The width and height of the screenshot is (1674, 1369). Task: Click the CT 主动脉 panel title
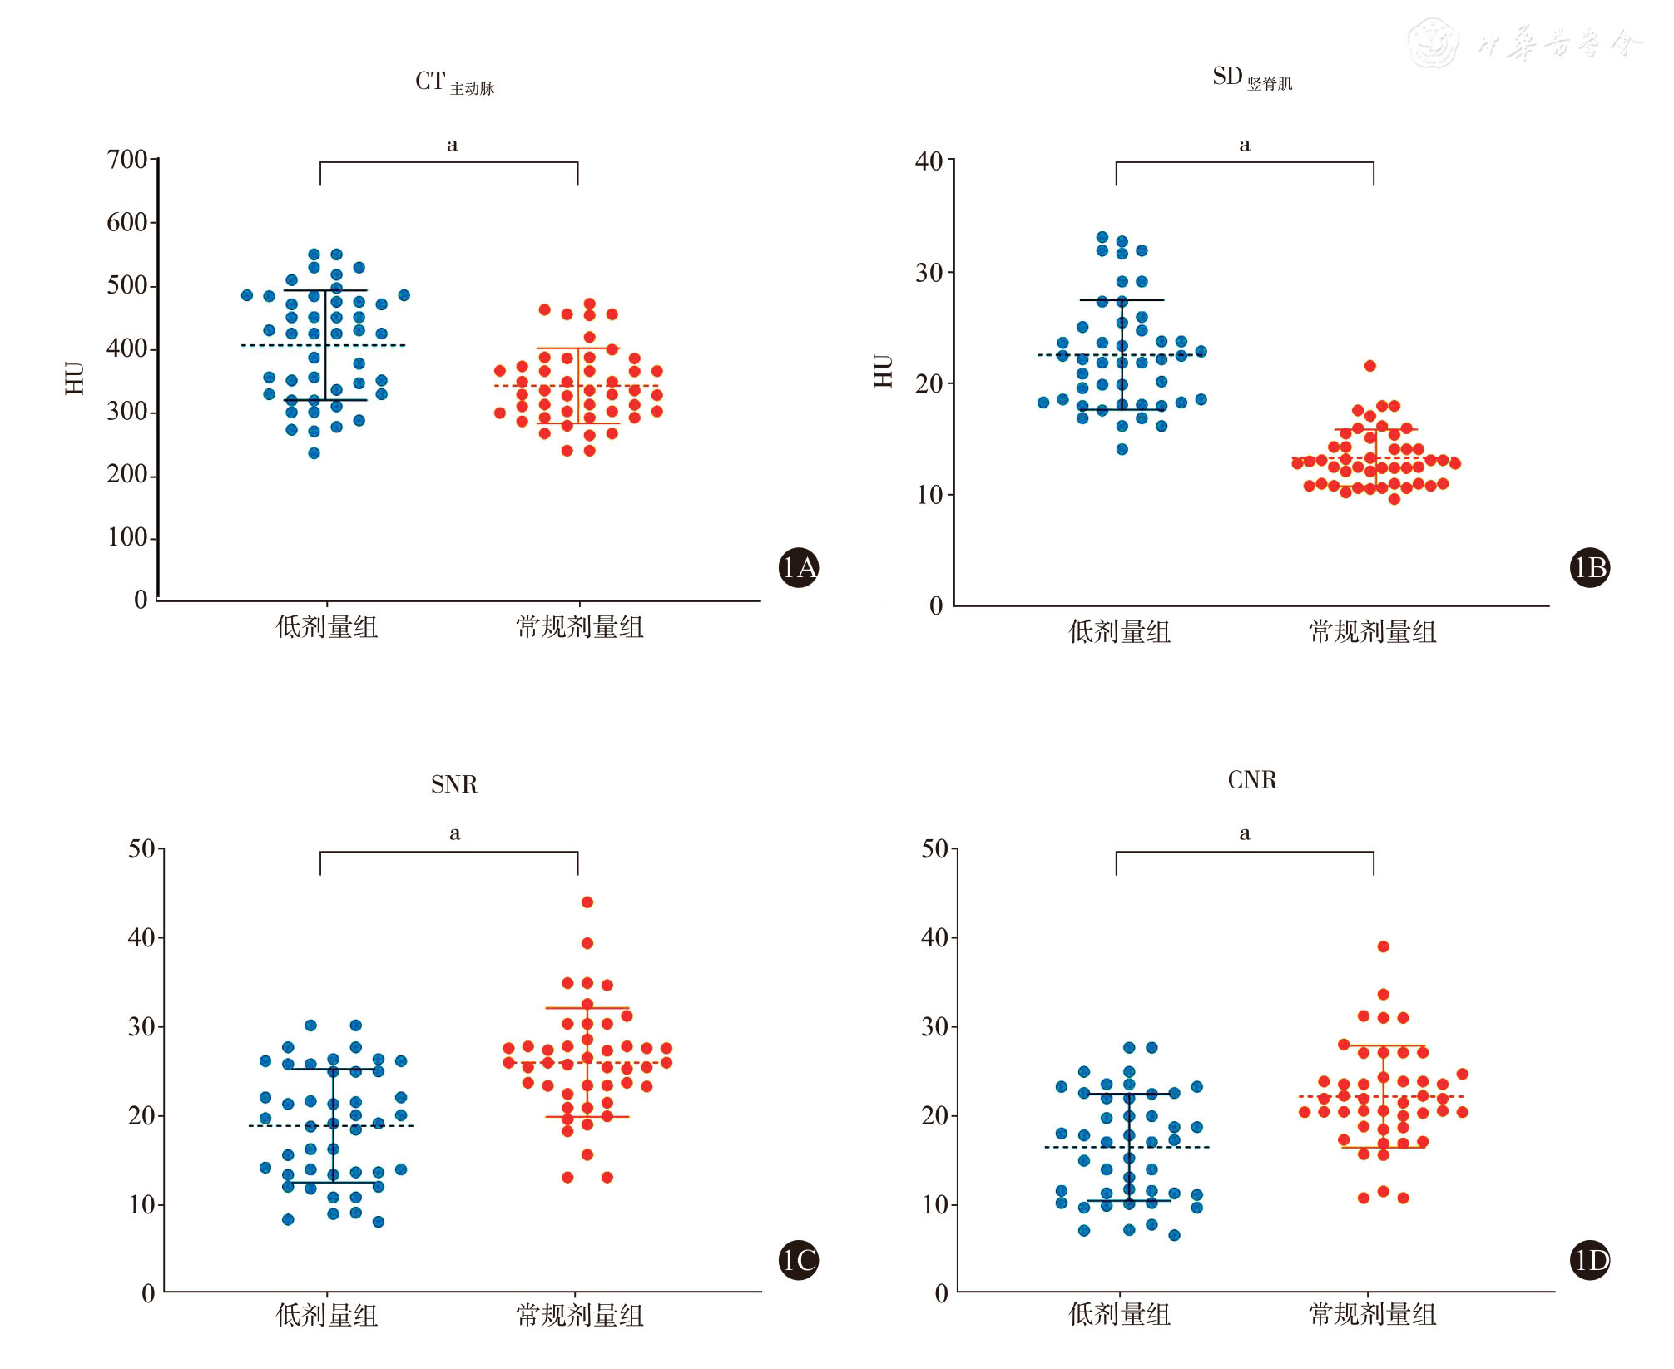pyautogui.click(x=454, y=82)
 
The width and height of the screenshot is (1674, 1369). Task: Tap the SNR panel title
pyautogui.click(x=454, y=784)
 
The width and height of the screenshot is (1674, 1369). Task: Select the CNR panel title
pyautogui.click(x=1252, y=780)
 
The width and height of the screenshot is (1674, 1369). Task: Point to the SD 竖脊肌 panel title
pyautogui.click(x=1251, y=78)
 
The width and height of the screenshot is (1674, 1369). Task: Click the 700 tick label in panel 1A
pyautogui.click(x=126, y=160)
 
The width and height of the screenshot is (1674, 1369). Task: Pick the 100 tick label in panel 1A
pyautogui.click(x=126, y=537)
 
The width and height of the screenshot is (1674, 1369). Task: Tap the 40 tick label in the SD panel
pyautogui.click(x=929, y=161)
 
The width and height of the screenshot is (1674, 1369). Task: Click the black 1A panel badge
pyautogui.click(x=799, y=567)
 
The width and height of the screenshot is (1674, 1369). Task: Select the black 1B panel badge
pyautogui.click(x=1590, y=567)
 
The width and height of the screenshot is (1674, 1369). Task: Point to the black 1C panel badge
pyautogui.click(x=799, y=1260)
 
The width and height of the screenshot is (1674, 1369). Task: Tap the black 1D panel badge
pyautogui.click(x=1590, y=1261)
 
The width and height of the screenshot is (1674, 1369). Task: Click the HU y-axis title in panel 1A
pyautogui.click(x=75, y=378)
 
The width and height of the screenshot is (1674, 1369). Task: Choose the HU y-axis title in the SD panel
pyautogui.click(x=883, y=371)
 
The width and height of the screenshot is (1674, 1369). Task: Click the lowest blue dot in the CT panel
pyautogui.click(x=314, y=453)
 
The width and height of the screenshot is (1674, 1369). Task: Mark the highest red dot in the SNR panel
pyautogui.click(x=587, y=902)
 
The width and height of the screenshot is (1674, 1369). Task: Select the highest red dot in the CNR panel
pyautogui.click(x=1384, y=946)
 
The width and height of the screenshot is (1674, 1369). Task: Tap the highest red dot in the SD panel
pyautogui.click(x=1370, y=366)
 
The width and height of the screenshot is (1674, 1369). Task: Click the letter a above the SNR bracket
pyautogui.click(x=454, y=833)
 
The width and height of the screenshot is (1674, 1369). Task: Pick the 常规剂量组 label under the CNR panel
pyautogui.click(x=1373, y=1314)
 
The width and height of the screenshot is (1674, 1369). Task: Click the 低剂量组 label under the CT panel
pyautogui.click(x=327, y=627)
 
